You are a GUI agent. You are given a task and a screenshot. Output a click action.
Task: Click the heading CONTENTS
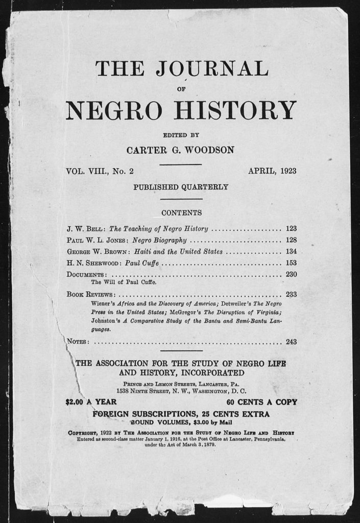coord(181,212)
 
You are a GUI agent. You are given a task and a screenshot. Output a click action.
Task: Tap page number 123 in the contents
coord(291,229)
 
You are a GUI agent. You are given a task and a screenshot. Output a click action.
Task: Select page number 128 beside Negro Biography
coord(291,240)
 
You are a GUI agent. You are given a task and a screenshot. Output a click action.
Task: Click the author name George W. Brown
coord(97,252)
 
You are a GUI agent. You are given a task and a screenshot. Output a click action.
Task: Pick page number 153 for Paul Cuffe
coord(291,264)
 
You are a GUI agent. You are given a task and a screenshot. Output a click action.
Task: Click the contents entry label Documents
coord(86,275)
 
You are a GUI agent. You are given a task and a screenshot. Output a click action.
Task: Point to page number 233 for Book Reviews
coord(291,294)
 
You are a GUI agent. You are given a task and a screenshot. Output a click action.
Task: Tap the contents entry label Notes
coord(78,342)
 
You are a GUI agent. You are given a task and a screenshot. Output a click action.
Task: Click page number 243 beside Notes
coord(291,342)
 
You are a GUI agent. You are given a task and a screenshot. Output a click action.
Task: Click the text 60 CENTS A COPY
coord(261,402)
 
